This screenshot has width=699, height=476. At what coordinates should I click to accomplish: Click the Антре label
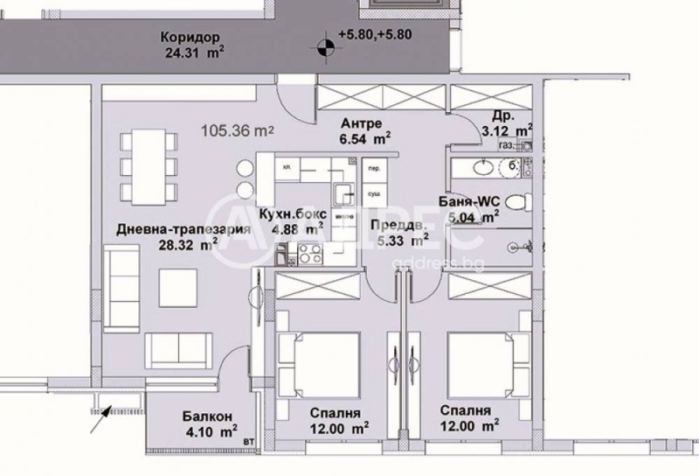[x=359, y=122]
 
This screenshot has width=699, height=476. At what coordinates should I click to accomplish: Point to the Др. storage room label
[x=503, y=115]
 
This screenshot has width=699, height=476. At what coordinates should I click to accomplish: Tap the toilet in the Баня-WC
[x=517, y=203]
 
